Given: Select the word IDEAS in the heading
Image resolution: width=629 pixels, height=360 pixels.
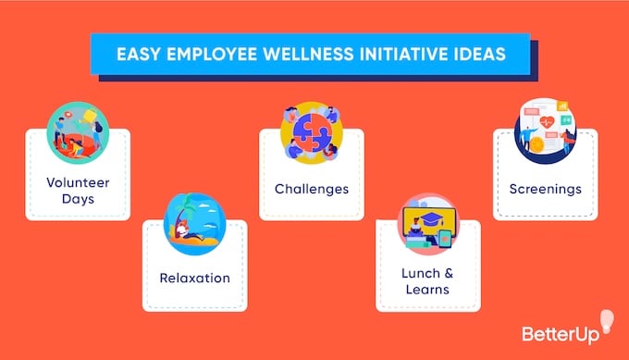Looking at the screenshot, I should [x=477, y=53].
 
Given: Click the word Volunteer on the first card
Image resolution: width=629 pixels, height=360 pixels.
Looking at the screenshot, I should [x=78, y=181].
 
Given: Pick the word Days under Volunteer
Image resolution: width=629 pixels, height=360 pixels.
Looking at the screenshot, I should [x=78, y=198].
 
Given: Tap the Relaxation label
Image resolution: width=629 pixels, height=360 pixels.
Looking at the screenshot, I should [x=194, y=278].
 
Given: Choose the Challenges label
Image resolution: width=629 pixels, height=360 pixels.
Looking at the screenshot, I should [x=312, y=189].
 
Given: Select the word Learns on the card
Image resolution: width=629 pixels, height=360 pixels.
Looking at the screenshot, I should [x=427, y=290].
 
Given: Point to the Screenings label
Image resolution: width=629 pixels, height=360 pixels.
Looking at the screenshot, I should [x=545, y=189].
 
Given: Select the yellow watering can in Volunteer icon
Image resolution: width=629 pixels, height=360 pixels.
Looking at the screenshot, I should [x=92, y=118].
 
